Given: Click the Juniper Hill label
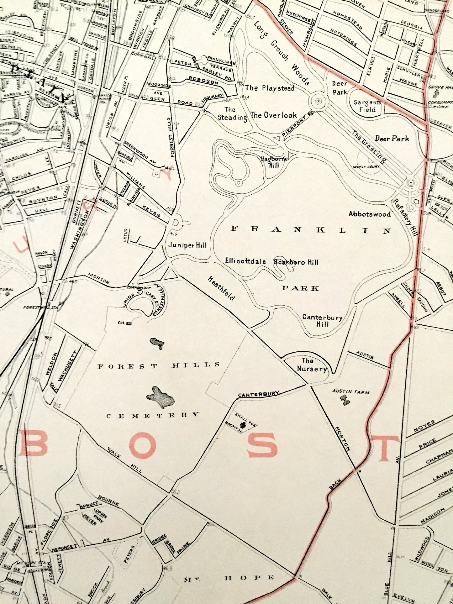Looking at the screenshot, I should (187, 245).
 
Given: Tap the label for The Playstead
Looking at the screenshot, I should (270, 88).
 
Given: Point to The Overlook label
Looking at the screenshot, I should (273, 115).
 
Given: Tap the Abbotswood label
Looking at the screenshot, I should (370, 214).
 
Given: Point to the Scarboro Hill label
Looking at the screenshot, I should (296, 262).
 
